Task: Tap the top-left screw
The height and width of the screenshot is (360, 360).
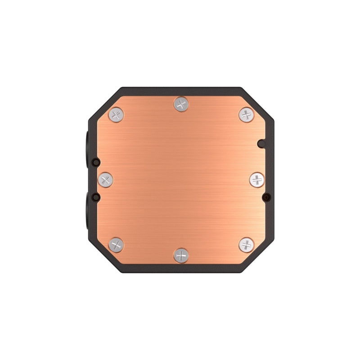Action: (x=116, y=114)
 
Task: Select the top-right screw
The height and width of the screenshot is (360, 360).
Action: (x=246, y=114)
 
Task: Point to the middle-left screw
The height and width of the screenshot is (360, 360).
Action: (x=105, y=180)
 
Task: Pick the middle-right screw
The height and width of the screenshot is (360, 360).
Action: (x=256, y=180)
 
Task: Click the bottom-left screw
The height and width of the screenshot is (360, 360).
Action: (x=116, y=245)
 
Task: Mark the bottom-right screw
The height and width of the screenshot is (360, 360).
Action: (x=246, y=245)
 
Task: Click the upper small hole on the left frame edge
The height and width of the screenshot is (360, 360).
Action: (x=94, y=162)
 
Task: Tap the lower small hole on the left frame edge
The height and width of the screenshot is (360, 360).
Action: (x=94, y=197)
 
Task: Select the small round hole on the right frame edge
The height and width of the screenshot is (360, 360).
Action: (x=267, y=197)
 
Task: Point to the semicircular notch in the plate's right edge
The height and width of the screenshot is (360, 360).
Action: (x=261, y=144)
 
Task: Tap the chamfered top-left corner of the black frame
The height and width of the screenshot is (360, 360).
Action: (x=101, y=99)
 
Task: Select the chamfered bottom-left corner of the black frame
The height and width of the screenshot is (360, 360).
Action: (x=101, y=261)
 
